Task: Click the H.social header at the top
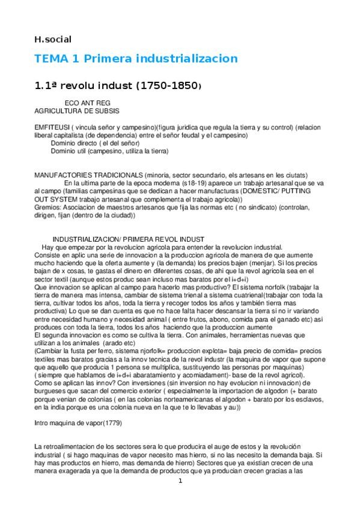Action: (52, 40)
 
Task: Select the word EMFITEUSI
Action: (52, 128)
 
